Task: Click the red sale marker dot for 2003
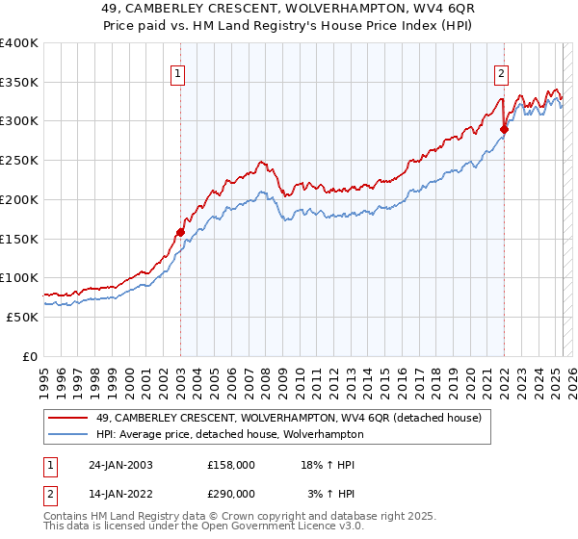(180, 232)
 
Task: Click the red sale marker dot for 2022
(504, 129)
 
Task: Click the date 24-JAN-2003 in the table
(120, 465)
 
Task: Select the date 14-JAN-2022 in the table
(120, 493)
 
